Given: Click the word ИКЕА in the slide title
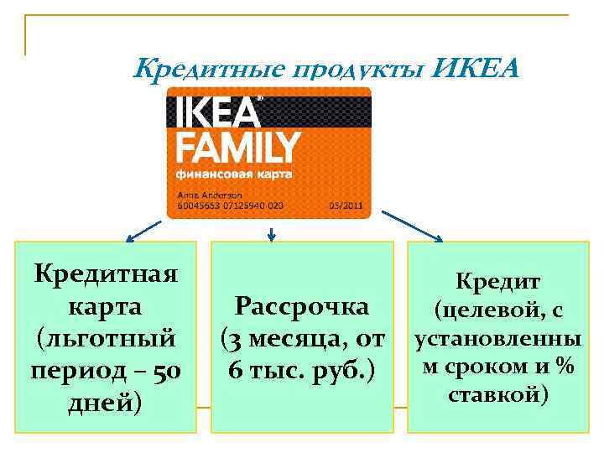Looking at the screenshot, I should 476,67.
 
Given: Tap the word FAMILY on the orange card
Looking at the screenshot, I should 237,148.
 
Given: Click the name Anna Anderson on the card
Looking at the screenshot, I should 205,195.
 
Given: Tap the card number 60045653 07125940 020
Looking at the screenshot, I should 230,205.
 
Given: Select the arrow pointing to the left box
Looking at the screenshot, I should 143,229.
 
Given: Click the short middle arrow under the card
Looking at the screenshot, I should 271,234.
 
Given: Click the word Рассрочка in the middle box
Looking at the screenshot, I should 302,306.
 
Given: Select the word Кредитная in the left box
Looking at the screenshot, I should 105,273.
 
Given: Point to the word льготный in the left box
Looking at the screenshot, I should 105,338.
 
